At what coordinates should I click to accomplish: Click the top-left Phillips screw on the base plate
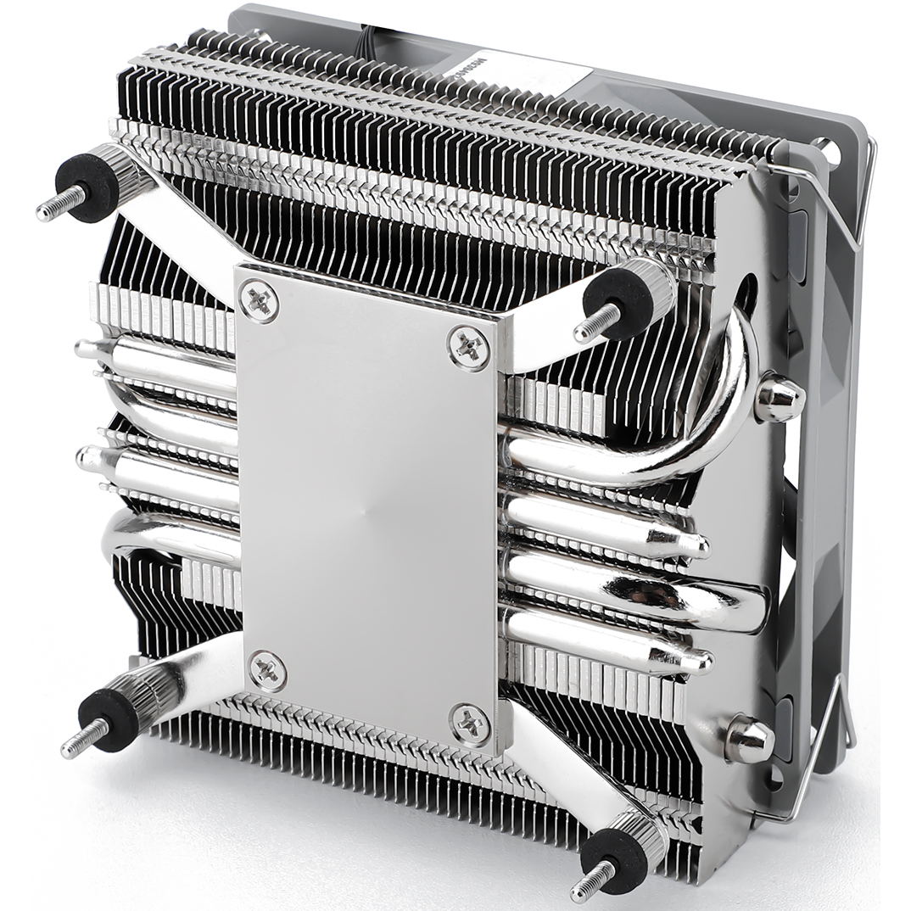[x=259, y=299]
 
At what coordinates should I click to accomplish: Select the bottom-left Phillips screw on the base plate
[x=268, y=671]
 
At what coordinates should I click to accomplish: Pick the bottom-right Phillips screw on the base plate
[x=469, y=724]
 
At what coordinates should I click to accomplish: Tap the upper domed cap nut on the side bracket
[x=778, y=399]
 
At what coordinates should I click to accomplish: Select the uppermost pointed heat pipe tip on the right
[x=697, y=544]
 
